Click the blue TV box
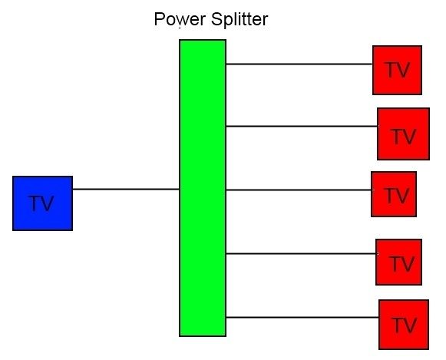click(x=43, y=203)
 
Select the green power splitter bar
click(x=203, y=188)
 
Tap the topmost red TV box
click(x=397, y=71)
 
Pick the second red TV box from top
click(x=403, y=134)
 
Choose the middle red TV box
click(x=394, y=194)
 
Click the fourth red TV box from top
click(x=398, y=263)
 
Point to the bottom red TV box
click(x=404, y=325)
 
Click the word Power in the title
click(x=180, y=19)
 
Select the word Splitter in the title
click(x=240, y=19)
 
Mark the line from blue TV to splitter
click(x=126, y=189)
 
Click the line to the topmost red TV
click(x=299, y=64)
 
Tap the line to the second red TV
click(x=302, y=126)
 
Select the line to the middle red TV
click(x=299, y=190)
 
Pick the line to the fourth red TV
click(x=301, y=253)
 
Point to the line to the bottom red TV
click(x=302, y=317)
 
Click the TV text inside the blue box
click(x=41, y=203)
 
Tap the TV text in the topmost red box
click(x=398, y=70)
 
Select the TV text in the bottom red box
click(x=405, y=325)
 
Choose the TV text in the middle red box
click(x=397, y=196)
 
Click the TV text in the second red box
click(x=404, y=137)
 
